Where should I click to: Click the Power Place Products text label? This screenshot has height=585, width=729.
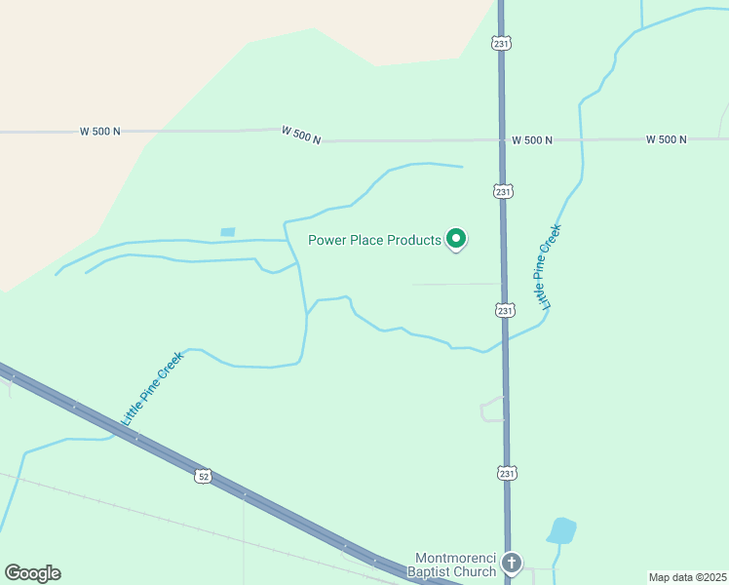tap(374, 240)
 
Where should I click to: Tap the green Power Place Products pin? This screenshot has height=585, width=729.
tap(455, 238)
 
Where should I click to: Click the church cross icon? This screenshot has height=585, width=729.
tap(512, 563)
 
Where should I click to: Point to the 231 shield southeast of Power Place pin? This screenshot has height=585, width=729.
tap(504, 310)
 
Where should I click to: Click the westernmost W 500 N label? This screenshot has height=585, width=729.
tap(100, 131)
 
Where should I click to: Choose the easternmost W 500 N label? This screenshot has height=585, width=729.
tap(666, 140)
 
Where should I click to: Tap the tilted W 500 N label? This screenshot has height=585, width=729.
tap(301, 135)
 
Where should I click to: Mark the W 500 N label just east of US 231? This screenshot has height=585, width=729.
tap(532, 140)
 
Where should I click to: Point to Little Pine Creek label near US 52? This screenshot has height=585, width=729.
tap(152, 388)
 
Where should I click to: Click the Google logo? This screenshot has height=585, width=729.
tap(32, 573)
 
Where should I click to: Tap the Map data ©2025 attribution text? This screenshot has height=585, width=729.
tap(687, 577)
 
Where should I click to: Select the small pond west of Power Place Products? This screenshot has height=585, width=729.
tap(228, 232)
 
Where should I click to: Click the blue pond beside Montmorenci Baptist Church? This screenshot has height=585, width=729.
tap(561, 530)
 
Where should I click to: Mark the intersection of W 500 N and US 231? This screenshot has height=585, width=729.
tap(502, 140)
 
